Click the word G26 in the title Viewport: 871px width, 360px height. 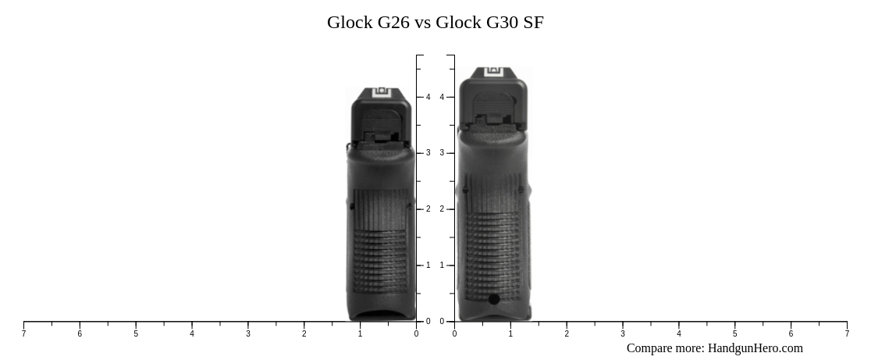click(x=393, y=23)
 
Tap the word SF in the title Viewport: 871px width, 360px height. click(x=534, y=23)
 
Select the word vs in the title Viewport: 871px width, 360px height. click(x=422, y=23)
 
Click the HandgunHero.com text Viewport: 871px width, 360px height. click(x=755, y=348)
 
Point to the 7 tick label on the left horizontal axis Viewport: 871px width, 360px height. click(x=23, y=334)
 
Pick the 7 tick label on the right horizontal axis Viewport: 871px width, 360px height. click(x=847, y=334)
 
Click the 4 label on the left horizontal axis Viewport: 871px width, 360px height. click(x=192, y=334)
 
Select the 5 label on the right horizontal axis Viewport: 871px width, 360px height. click(x=734, y=334)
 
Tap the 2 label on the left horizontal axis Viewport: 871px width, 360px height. click(x=304, y=334)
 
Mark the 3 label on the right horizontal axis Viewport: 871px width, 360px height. click(x=623, y=334)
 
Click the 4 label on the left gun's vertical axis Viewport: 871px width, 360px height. click(x=428, y=97)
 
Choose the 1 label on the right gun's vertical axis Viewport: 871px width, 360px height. click(x=442, y=266)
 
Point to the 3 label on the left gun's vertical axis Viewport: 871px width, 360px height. click(x=428, y=153)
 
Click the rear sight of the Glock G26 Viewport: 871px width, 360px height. click(x=381, y=92)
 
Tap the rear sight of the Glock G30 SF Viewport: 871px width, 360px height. click(x=493, y=72)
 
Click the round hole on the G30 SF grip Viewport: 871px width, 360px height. click(x=494, y=299)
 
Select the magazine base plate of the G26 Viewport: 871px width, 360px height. click(x=382, y=315)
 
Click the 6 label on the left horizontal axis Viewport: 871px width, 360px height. click(x=80, y=334)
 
